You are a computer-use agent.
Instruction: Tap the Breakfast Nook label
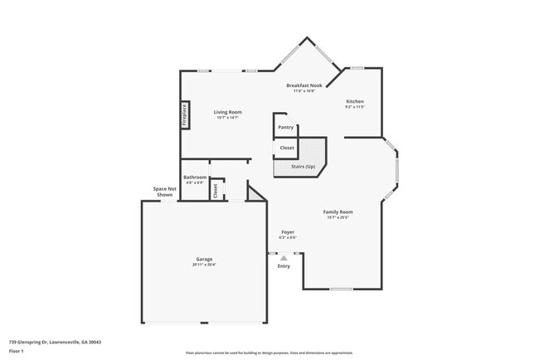[303, 85]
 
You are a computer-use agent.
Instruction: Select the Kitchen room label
[355, 100]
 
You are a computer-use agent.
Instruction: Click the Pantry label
[285, 127]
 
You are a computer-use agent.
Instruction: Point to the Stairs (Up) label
[303, 167]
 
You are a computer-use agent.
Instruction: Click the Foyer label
[288, 231]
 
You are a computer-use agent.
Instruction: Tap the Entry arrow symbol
[284, 258]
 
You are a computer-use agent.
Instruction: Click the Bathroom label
[195, 177]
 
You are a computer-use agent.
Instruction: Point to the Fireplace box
[184, 115]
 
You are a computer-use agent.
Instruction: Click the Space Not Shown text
[165, 192]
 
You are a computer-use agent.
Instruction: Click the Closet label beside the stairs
[286, 148]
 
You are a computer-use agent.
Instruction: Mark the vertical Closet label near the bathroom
[216, 190]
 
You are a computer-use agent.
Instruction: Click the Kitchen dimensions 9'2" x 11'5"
[355, 106]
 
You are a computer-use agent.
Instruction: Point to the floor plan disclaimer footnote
[269, 353]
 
